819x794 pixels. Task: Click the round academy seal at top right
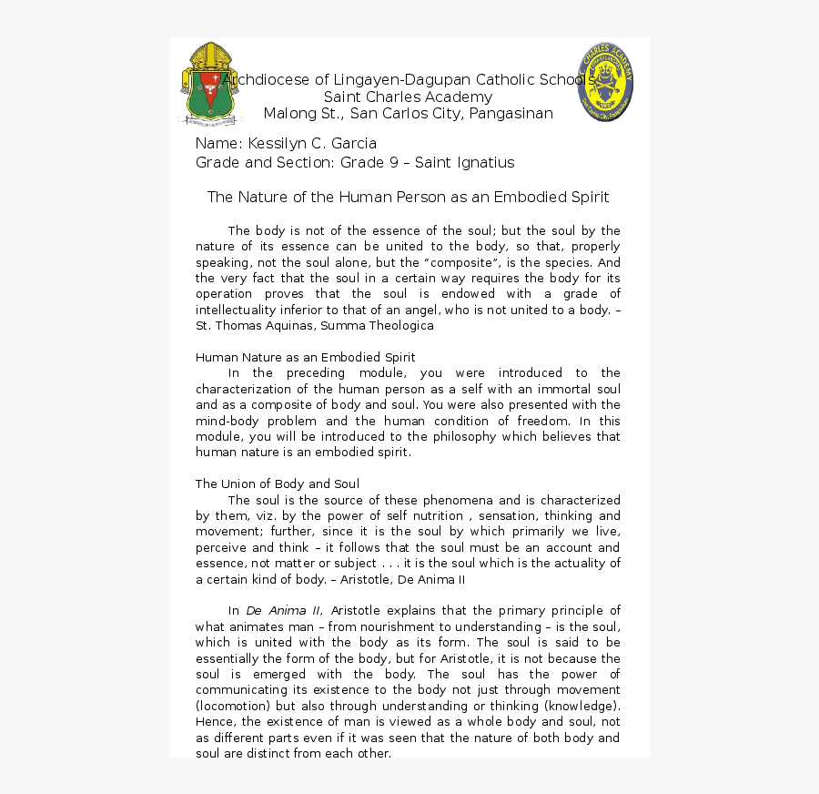pyautogui.click(x=605, y=83)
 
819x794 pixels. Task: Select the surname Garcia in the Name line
pyautogui.click(x=354, y=144)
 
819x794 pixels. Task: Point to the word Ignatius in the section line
pyautogui.click(x=481, y=163)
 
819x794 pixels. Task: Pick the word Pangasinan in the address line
pyautogui.click(x=511, y=114)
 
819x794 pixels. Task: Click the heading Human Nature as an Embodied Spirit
pyautogui.click(x=305, y=357)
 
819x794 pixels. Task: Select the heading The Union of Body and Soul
pyautogui.click(x=277, y=484)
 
